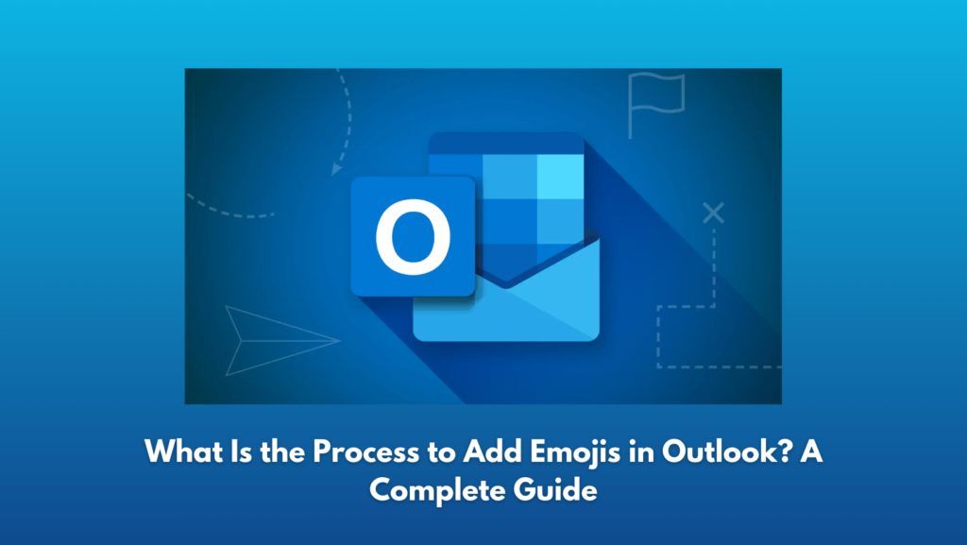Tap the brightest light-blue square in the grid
(x=561, y=177)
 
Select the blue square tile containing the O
(x=413, y=237)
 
